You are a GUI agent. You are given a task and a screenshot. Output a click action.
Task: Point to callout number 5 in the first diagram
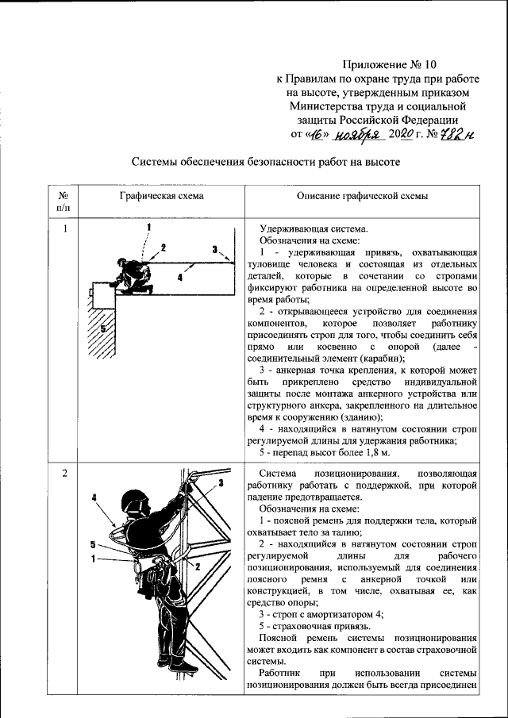click(102, 327)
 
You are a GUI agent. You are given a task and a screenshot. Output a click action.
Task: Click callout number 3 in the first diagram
click(214, 249)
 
